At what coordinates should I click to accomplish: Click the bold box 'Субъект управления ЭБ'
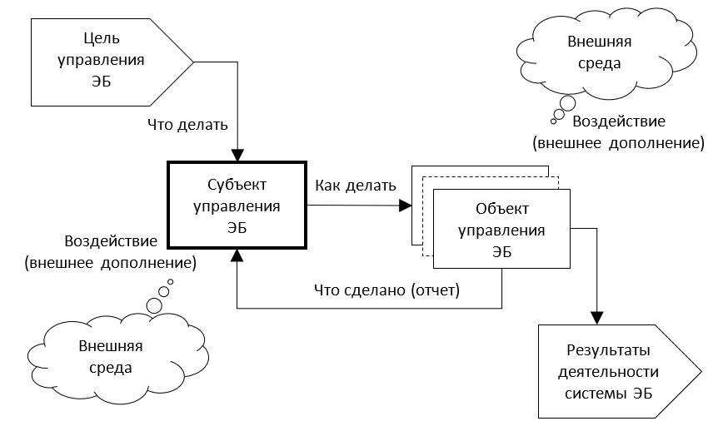[x=236, y=205]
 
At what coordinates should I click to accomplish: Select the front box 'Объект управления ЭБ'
[x=501, y=229]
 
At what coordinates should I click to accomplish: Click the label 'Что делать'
[x=187, y=125]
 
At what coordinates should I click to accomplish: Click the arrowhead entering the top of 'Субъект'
[x=237, y=154]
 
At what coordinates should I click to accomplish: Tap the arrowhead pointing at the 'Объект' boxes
[x=406, y=205]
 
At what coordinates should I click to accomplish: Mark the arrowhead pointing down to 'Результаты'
[x=596, y=316]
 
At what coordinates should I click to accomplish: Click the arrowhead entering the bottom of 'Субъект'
[x=237, y=256]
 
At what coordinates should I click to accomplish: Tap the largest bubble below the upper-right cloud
[x=568, y=104]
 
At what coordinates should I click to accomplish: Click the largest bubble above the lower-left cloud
[x=154, y=305]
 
